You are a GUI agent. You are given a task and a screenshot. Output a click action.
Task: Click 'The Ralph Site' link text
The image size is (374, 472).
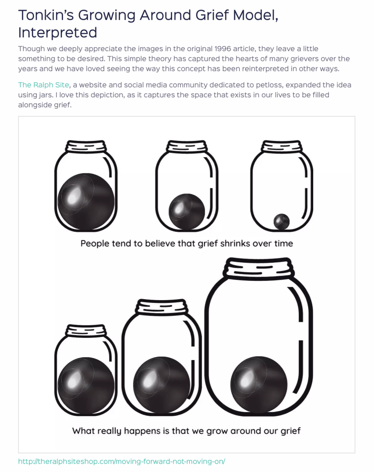tap(44, 85)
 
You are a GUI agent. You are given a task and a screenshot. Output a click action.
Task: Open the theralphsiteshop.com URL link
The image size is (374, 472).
tap(122, 461)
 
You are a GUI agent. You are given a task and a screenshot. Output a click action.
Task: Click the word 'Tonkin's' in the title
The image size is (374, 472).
tap(46, 15)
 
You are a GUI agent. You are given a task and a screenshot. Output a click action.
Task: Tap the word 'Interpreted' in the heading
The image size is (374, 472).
tap(58, 33)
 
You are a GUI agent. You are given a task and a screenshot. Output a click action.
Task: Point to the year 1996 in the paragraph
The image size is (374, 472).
tap(223, 49)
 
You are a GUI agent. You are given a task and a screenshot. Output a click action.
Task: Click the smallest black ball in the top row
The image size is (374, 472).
tap(282, 222)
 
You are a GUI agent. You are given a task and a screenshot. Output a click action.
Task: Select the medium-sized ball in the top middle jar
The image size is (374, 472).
tap(187, 212)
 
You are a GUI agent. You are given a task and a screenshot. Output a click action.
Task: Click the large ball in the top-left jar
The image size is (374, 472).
tap(86, 202)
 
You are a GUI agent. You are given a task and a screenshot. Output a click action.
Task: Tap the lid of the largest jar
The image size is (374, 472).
tap(258, 267)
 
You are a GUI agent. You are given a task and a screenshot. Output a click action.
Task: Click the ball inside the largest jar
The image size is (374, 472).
tap(259, 385)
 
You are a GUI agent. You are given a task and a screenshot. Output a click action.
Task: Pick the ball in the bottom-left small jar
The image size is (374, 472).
tap(86, 386)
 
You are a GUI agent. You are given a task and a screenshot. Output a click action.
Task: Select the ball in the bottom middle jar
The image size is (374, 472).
tap(162, 385)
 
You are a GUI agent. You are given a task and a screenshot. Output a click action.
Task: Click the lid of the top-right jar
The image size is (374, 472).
tap(282, 147)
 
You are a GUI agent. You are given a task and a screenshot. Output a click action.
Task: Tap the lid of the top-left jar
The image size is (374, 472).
tap(86, 147)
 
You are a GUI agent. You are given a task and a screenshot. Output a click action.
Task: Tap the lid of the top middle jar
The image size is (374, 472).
tap(187, 147)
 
